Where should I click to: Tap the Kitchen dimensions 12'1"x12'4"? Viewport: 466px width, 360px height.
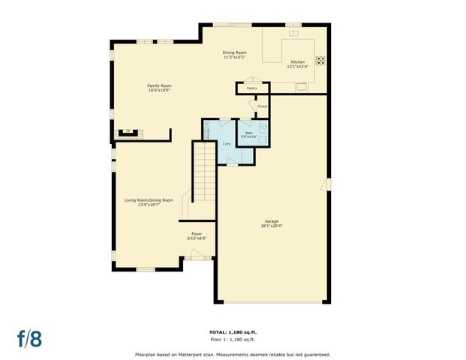click(x=298, y=67)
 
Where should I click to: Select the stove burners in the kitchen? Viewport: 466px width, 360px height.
click(x=320, y=61)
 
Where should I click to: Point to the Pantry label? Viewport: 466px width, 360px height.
click(x=251, y=88)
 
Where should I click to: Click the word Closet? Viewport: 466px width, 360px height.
click(x=262, y=106)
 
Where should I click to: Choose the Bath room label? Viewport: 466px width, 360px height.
click(x=248, y=133)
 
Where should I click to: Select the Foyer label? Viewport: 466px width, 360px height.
click(x=197, y=234)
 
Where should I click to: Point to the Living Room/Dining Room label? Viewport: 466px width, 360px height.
click(x=149, y=199)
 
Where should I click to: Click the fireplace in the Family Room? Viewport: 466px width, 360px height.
click(x=128, y=134)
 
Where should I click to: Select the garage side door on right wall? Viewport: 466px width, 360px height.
click(x=326, y=184)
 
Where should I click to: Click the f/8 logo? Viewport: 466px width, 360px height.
click(x=29, y=337)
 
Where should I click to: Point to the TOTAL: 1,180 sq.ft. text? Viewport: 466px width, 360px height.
click(x=233, y=331)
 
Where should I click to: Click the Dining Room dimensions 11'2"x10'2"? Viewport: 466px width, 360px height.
click(x=234, y=57)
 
